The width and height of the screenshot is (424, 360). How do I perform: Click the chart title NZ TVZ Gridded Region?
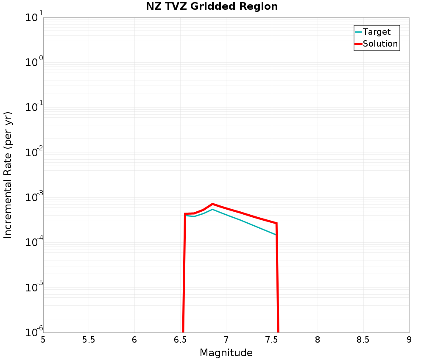pyautogui.click(x=212, y=7)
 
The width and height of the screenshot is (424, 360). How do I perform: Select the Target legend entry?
pyautogui.click(x=377, y=32)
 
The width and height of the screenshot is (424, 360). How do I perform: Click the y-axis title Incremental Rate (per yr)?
pyautogui.click(x=8, y=175)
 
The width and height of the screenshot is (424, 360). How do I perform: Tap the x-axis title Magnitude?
pyautogui.click(x=226, y=353)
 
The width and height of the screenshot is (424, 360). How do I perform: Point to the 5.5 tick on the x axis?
pyautogui.click(x=89, y=340)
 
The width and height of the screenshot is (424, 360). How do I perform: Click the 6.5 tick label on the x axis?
pyautogui.click(x=180, y=340)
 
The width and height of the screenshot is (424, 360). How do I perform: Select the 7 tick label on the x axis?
pyautogui.click(x=226, y=340)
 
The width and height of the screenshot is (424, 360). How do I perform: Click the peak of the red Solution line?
pyautogui.click(x=212, y=204)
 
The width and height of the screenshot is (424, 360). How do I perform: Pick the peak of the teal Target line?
pyautogui.click(x=212, y=209)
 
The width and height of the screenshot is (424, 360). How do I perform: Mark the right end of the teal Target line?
pyautogui.click(x=276, y=234)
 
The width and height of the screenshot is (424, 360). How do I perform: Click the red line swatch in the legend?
pyautogui.click(x=358, y=44)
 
